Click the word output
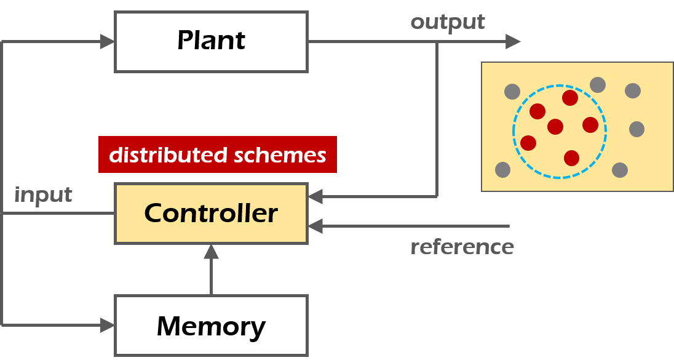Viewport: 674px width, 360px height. tap(448, 22)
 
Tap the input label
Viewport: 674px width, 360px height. tap(43, 195)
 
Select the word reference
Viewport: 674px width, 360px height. tap(462, 247)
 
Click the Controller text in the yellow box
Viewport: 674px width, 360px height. tap(211, 213)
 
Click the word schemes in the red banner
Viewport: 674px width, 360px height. tap(280, 155)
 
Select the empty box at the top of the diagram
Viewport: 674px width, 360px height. tap(211, 42)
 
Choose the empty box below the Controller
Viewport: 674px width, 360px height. tap(211, 325)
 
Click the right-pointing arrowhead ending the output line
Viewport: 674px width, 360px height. tap(513, 42)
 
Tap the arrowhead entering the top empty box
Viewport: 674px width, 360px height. tap(108, 42)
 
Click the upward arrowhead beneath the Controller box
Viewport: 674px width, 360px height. tap(211, 251)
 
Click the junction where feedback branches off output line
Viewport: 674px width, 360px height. tap(437, 42)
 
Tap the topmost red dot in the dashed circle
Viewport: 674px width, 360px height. tap(570, 98)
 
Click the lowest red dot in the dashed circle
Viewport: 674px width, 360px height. tap(572, 158)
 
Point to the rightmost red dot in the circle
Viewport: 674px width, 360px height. tap(590, 125)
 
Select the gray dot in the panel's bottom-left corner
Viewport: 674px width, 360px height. tap(502, 169)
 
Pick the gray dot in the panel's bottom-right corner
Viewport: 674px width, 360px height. tap(620, 170)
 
